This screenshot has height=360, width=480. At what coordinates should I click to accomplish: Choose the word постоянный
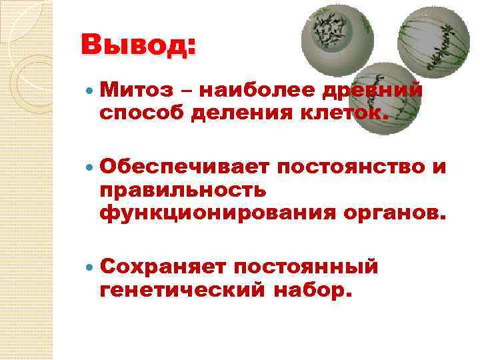[x=305, y=266]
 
